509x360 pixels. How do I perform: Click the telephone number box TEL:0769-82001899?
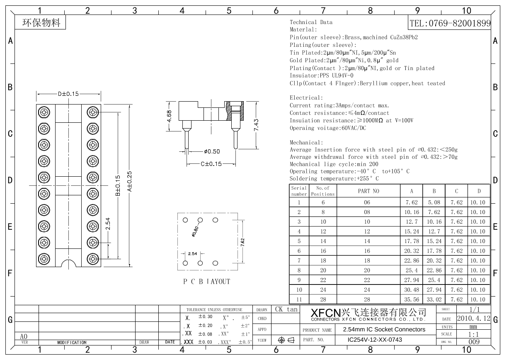pos(450,24)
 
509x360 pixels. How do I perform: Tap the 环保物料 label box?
pos(41,23)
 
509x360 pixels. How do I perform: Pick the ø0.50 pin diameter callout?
pos(212,151)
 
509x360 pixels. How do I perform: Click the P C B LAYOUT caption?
pos(206,282)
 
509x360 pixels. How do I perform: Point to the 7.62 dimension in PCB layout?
pos(243,241)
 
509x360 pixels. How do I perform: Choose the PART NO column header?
pos(368,191)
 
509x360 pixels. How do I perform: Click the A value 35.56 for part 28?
pos(412,299)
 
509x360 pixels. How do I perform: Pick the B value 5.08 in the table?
pos(434,202)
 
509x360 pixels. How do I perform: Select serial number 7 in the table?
pos(299,260)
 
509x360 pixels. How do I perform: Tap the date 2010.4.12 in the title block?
pos(473,319)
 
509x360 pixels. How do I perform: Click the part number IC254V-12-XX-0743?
pos(374,340)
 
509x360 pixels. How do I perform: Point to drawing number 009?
pos(473,342)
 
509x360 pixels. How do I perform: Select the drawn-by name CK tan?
pos(286,309)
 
